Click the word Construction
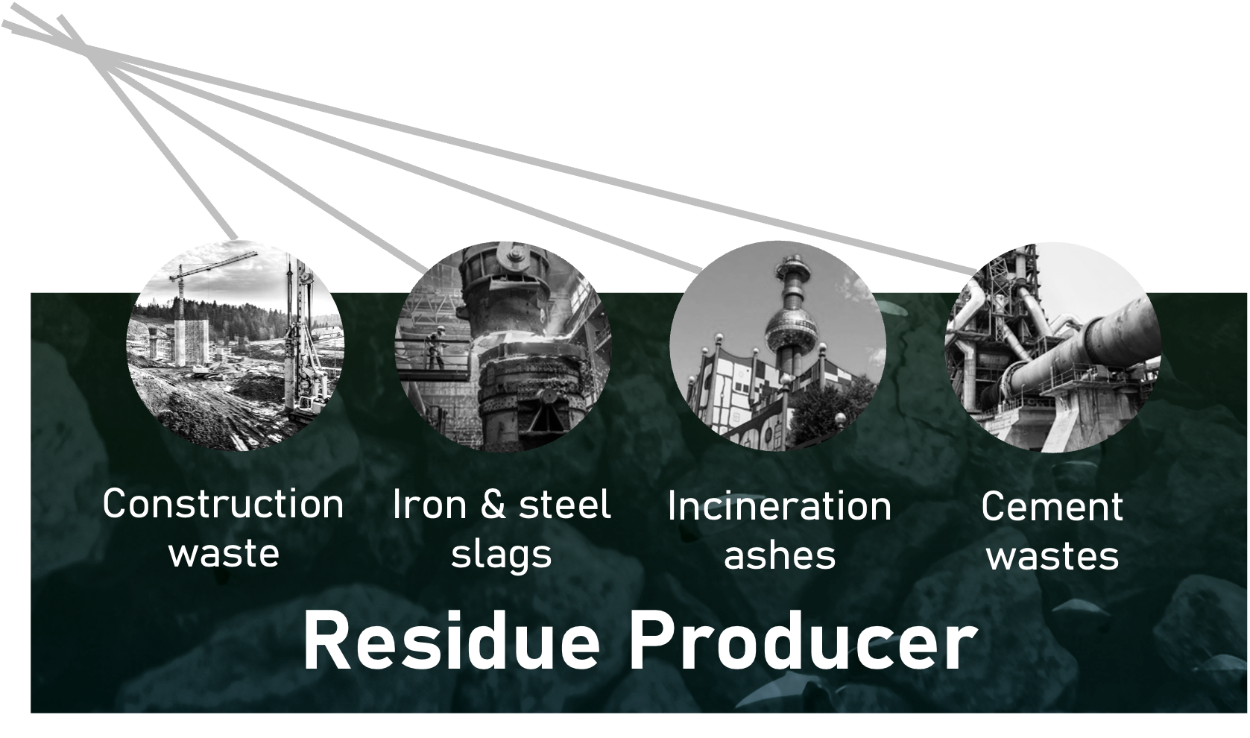pos(223,505)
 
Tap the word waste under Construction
pos(224,553)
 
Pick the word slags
pos(501,553)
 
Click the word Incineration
pos(779,507)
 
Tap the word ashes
pos(779,555)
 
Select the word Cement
pos(1052,507)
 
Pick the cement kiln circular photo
pos(1052,347)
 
